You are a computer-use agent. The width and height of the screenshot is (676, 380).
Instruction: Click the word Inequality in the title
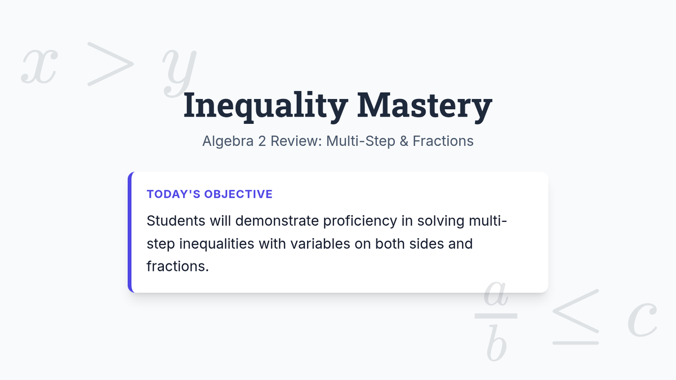(265, 106)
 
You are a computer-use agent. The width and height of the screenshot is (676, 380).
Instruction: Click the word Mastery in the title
(425, 106)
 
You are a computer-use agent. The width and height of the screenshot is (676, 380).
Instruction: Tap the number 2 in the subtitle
(261, 141)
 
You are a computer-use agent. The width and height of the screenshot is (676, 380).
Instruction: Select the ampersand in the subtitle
(404, 141)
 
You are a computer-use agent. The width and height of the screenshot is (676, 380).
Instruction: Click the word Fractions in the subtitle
(443, 141)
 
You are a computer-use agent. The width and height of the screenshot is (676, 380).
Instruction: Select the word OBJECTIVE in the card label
(238, 194)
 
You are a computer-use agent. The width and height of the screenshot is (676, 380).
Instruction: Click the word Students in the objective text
(176, 221)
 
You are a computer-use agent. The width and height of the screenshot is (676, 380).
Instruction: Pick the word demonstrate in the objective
(277, 221)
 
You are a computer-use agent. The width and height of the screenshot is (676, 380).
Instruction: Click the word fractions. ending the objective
(177, 266)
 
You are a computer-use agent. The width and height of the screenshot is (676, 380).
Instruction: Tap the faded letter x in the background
(39, 66)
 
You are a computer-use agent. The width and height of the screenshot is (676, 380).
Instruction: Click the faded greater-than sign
(110, 64)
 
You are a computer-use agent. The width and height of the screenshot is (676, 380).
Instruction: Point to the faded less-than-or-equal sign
(576, 316)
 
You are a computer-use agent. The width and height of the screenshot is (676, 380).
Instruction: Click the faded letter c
(642, 319)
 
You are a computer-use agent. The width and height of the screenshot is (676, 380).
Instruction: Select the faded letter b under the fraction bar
(496, 343)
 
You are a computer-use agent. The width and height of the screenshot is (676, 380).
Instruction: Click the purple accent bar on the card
(130, 232)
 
